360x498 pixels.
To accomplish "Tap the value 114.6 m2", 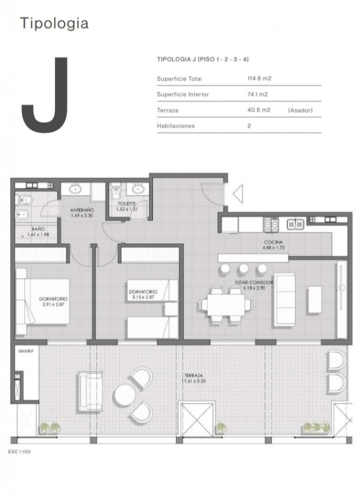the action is (259, 79).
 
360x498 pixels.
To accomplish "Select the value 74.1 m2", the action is (257, 94).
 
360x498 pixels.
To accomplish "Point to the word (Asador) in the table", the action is (300, 110).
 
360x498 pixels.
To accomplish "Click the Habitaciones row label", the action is (176, 126).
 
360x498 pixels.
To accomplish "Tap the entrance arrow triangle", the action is (238, 193).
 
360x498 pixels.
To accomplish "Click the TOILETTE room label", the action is (127, 203).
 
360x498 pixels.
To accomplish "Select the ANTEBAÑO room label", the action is (82, 210).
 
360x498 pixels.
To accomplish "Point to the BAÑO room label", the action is (38, 229).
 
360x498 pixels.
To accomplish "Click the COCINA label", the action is (274, 242).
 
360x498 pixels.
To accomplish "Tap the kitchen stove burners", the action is (271, 224).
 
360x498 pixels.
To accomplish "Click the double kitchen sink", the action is (295, 224).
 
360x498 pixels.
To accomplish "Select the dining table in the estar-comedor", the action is (226, 305).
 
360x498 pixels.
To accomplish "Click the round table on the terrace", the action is (125, 395).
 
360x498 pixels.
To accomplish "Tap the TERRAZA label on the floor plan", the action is (194, 375).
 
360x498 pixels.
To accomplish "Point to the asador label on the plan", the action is (26, 351).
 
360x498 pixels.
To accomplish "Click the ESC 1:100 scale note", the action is (19, 451).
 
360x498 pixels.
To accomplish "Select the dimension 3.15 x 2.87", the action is (143, 297).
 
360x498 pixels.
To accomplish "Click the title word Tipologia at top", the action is (54, 24).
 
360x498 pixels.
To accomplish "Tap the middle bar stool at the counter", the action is (243, 269).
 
